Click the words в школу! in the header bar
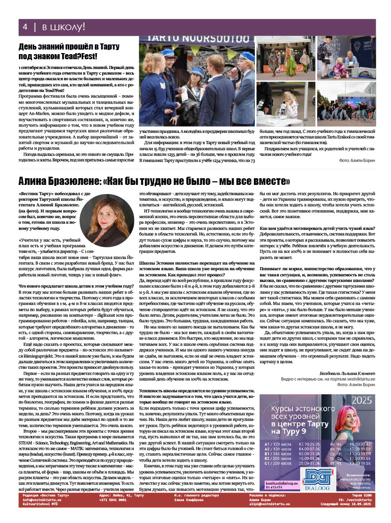[x=63, y=26]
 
